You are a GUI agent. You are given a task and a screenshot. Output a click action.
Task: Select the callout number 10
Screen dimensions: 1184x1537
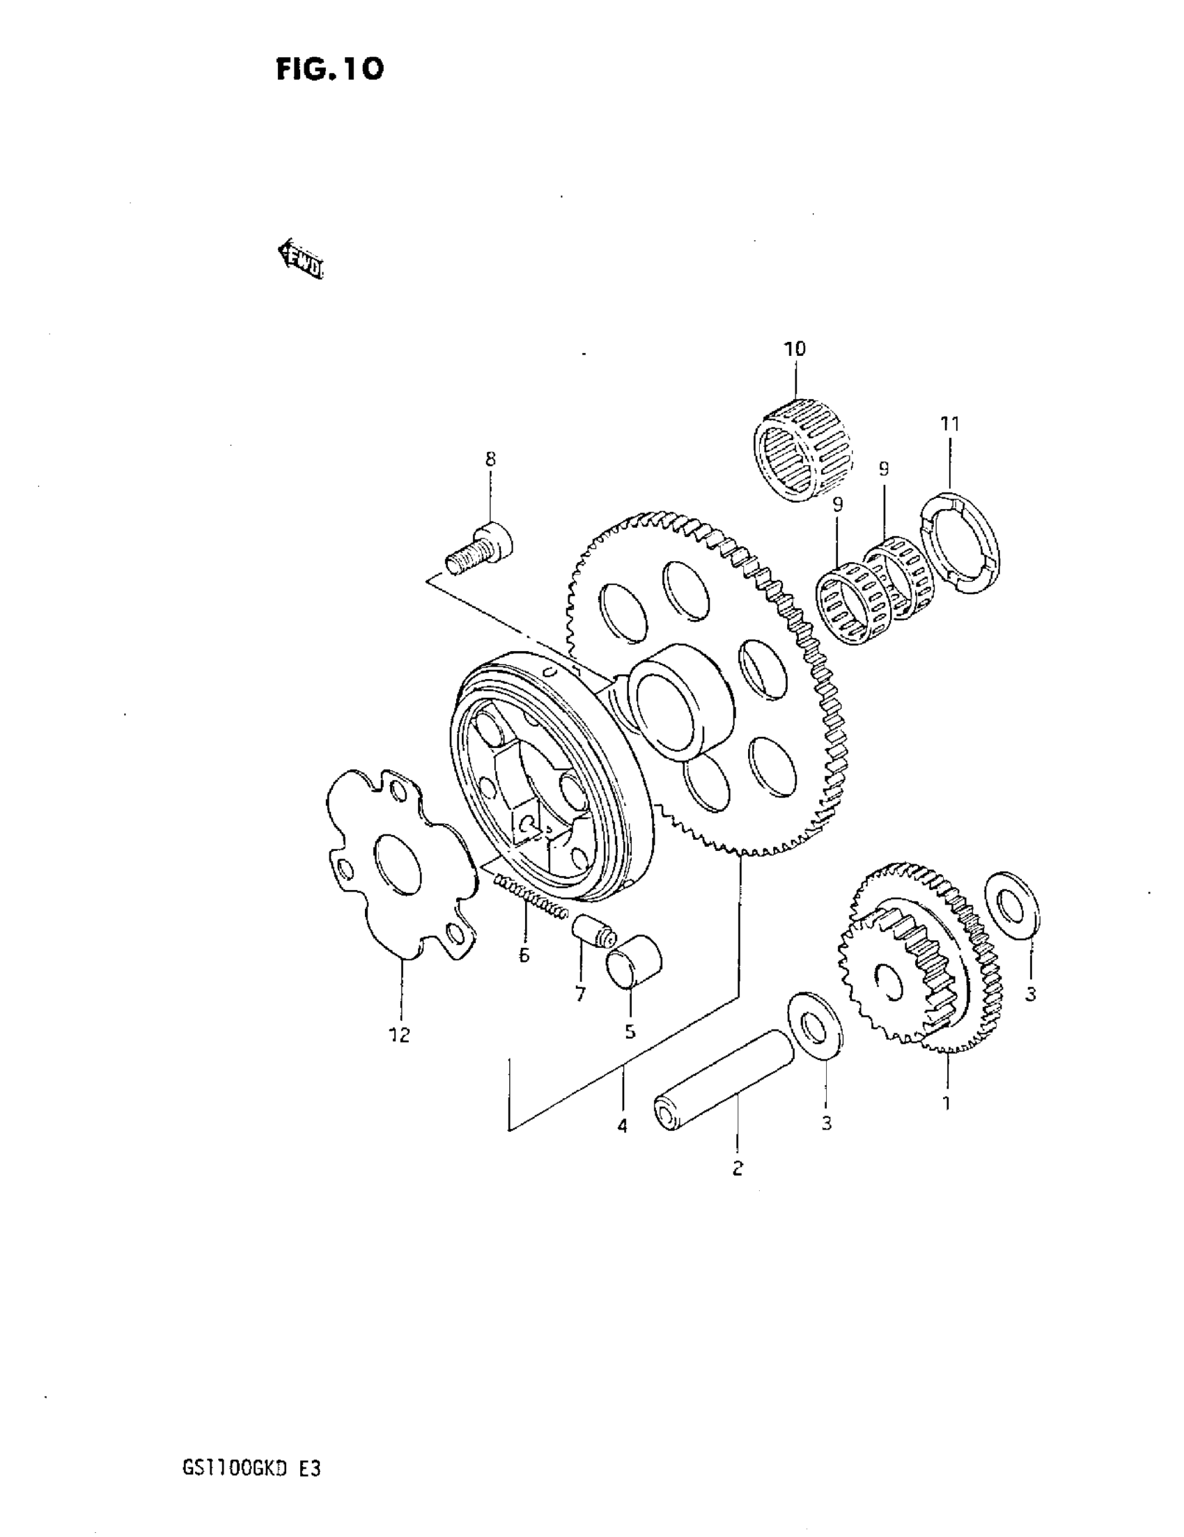[795, 348]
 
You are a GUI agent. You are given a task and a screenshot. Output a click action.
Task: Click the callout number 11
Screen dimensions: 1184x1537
[949, 423]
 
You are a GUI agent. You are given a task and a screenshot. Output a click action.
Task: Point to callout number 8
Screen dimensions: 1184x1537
[490, 459]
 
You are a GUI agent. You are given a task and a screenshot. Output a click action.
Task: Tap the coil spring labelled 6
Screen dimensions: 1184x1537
[529, 896]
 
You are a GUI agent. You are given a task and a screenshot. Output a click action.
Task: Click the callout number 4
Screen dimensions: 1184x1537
[622, 1126]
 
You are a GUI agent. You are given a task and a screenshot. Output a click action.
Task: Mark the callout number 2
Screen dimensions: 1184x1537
[737, 1168]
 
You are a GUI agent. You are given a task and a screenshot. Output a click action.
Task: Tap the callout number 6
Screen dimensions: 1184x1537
[524, 955]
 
